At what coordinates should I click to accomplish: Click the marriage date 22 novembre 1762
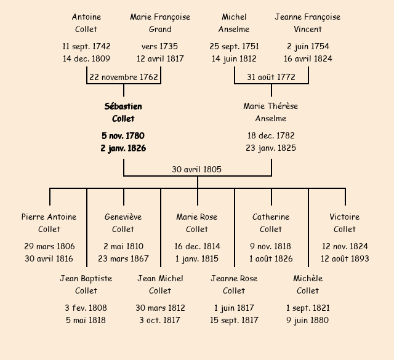pyautogui.click(x=124, y=78)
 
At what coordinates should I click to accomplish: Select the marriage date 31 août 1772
pyautogui.click(x=271, y=78)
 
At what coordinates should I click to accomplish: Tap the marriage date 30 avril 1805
pyautogui.click(x=197, y=169)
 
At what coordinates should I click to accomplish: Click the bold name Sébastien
pyautogui.click(x=123, y=106)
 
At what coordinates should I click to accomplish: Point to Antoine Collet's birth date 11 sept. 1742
pyautogui.click(x=86, y=47)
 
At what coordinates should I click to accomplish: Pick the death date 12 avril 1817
pyautogui.click(x=160, y=59)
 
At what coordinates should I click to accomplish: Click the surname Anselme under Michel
pyautogui.click(x=234, y=29)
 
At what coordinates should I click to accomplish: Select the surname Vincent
pyautogui.click(x=308, y=29)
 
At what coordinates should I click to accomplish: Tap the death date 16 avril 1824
pyautogui.click(x=308, y=59)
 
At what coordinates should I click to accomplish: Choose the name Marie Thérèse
pyautogui.click(x=271, y=106)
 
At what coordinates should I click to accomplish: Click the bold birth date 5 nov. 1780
pyautogui.click(x=123, y=135)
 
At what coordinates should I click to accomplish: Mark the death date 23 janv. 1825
pyautogui.click(x=271, y=148)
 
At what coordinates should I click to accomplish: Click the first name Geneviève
pyautogui.click(x=123, y=217)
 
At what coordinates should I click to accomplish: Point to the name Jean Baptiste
pyautogui.click(x=86, y=278)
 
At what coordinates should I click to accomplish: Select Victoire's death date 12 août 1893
pyautogui.click(x=345, y=258)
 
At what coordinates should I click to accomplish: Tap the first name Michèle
pyautogui.click(x=308, y=278)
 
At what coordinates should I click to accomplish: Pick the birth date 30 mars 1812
pyautogui.click(x=160, y=308)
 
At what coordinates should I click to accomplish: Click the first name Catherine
pyautogui.click(x=271, y=217)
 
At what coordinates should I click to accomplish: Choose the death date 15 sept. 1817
pyautogui.click(x=234, y=320)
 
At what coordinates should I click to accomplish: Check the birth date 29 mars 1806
pyautogui.click(x=49, y=246)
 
